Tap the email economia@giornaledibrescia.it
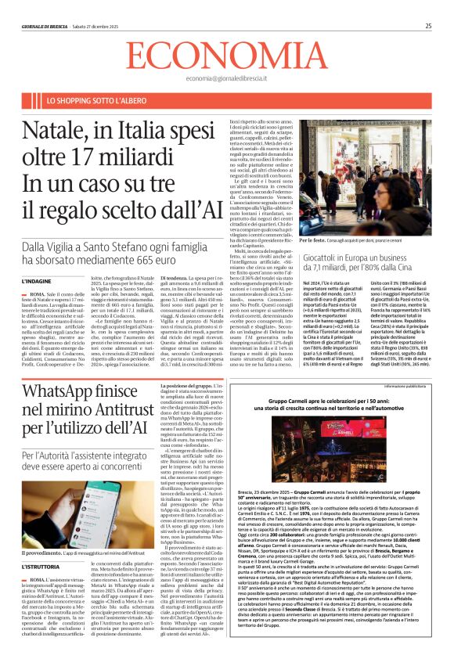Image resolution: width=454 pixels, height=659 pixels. (227, 79)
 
